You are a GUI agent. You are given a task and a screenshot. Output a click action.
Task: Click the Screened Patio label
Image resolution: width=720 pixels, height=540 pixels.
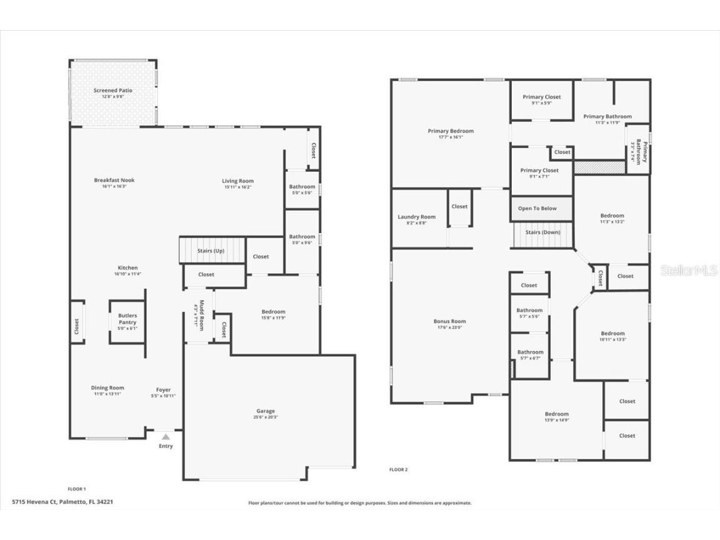(x=113, y=91)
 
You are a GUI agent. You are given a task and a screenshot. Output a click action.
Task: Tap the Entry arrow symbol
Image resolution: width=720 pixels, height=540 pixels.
(x=166, y=437)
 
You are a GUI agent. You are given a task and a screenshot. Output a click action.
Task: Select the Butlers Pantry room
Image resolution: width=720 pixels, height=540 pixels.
(x=127, y=322)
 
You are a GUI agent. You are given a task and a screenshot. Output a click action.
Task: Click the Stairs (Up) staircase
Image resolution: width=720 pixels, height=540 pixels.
(x=211, y=250)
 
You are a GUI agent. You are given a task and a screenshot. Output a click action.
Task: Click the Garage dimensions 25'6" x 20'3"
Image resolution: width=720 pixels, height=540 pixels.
(x=266, y=417)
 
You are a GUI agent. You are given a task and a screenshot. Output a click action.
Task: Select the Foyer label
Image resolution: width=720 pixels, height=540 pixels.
(x=163, y=390)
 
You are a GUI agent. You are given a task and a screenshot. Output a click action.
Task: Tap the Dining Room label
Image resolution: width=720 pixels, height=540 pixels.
(x=107, y=387)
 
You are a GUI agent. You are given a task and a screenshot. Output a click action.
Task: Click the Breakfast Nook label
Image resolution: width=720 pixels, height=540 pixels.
(x=114, y=180)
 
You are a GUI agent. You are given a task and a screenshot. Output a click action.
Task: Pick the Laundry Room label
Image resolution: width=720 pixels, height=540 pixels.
(x=416, y=217)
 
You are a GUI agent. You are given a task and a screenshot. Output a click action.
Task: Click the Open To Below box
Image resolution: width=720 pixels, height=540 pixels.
(x=537, y=208)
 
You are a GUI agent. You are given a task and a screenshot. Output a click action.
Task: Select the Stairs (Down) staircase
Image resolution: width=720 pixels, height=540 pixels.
(x=542, y=233)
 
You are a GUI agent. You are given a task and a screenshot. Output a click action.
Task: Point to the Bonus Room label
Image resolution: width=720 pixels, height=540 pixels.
(x=450, y=321)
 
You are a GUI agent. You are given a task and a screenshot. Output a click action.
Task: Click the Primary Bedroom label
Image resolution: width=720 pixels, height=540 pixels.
(x=451, y=131)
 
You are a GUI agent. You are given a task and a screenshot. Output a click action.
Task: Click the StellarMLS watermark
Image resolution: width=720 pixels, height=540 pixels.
(x=689, y=271)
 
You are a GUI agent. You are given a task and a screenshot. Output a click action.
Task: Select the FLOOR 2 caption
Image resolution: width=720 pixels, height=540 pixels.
(x=398, y=469)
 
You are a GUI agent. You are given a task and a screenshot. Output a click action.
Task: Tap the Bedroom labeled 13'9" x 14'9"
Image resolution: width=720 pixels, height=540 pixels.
(x=556, y=414)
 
